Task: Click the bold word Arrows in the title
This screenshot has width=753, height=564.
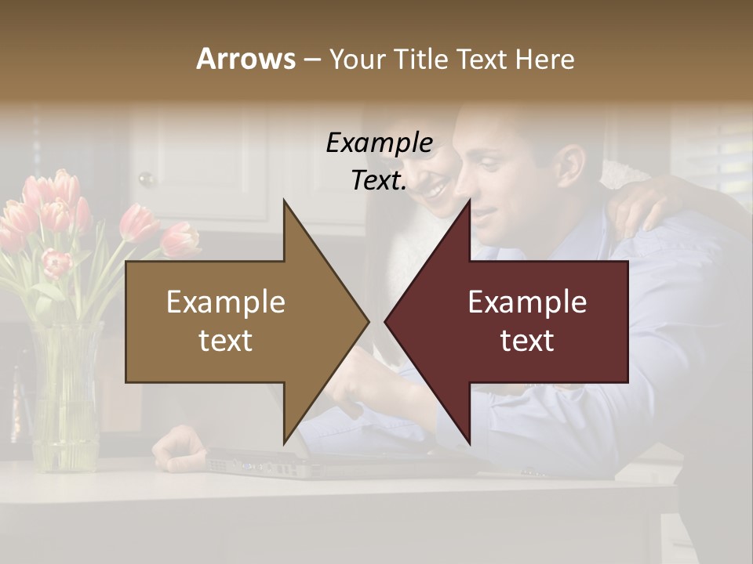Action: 246,59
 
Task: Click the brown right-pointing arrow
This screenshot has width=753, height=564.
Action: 235,321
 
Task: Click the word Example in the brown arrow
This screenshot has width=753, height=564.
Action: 226,302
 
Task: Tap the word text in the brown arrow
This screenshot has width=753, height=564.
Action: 226,341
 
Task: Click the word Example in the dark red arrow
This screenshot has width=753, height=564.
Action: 527,302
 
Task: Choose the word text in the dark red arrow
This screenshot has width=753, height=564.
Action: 527,341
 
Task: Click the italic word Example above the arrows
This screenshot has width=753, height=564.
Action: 379,143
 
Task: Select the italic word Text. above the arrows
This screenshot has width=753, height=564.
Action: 379,180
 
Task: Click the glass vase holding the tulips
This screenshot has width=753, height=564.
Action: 66,399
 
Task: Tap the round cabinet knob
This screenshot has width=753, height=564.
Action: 145,179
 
